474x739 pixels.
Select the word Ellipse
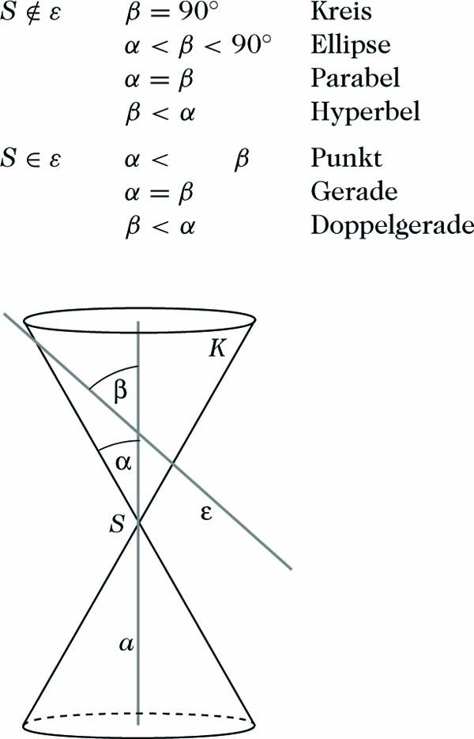tap(350, 45)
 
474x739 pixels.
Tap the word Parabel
tap(355, 78)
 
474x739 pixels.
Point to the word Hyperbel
tap(364, 112)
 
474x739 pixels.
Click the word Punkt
tap(346, 158)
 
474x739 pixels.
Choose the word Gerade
tap(353, 191)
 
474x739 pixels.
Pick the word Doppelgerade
tap(392, 225)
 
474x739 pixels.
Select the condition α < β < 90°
tap(197, 45)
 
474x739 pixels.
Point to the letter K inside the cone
tap(218, 349)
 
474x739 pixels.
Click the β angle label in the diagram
tap(120, 392)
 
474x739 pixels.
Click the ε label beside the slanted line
tap(207, 514)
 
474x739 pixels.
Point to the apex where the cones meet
tap(139, 523)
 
